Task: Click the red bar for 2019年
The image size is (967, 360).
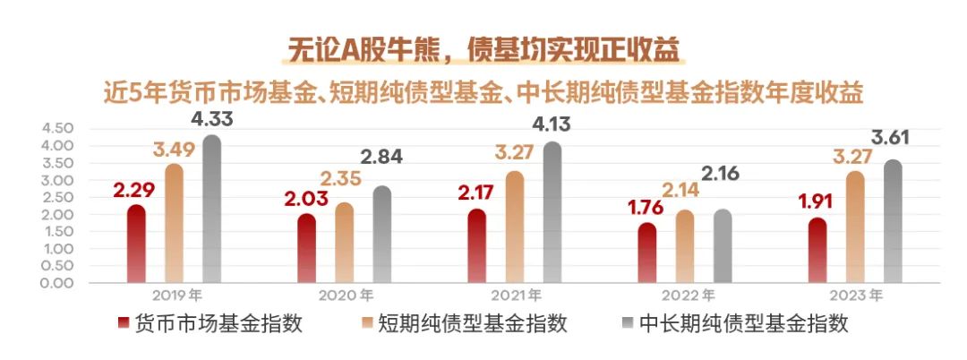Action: (136, 244)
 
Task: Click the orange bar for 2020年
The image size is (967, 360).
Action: (344, 243)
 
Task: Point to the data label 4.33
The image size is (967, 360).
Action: (212, 119)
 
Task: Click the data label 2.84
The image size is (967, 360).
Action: (381, 157)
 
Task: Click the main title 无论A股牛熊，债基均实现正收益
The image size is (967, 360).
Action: (483, 47)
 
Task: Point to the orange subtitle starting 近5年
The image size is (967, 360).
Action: (483, 91)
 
